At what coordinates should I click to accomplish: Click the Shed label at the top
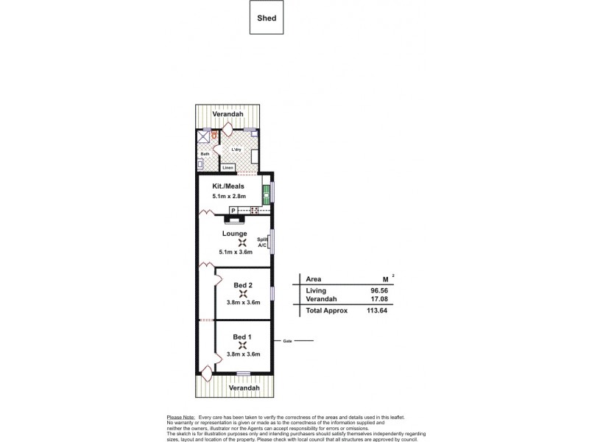[267, 19]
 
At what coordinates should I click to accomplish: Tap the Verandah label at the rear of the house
[228, 115]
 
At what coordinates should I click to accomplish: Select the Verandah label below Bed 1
[244, 387]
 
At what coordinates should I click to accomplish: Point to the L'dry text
[236, 150]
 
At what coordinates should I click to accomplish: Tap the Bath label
[205, 154]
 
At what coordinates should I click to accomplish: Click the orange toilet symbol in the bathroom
[214, 135]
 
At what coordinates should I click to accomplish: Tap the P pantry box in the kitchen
[233, 211]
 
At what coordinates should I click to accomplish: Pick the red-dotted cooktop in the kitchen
[255, 211]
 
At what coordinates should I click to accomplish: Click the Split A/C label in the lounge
[262, 242]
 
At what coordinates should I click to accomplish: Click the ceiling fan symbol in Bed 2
[242, 295]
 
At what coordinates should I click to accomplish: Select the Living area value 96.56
[380, 290]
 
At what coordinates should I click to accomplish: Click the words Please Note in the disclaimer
[181, 417]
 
